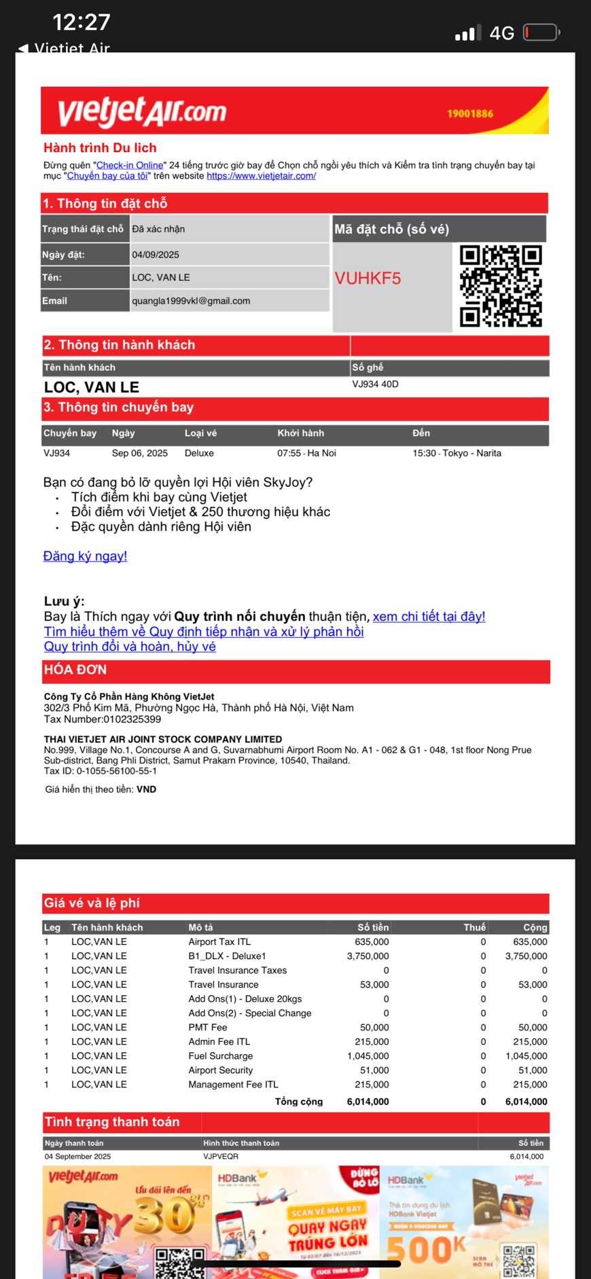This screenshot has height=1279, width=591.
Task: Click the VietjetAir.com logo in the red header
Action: tap(141, 112)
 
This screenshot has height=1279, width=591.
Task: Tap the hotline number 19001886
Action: tap(470, 113)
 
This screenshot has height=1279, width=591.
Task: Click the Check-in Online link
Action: tap(130, 165)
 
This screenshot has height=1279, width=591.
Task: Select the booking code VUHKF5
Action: tap(368, 278)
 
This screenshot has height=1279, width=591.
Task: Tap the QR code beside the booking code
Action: tap(501, 286)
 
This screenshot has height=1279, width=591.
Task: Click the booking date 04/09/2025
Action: tap(156, 255)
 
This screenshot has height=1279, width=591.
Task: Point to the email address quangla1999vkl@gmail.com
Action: tap(191, 301)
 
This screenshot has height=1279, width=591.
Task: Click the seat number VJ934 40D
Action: tap(375, 384)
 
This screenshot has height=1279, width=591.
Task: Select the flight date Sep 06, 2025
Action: tap(139, 453)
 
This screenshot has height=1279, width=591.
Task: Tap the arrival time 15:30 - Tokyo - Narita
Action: tap(456, 453)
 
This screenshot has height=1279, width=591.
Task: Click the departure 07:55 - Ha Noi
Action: tap(306, 453)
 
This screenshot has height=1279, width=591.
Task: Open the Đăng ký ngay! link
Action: tap(85, 556)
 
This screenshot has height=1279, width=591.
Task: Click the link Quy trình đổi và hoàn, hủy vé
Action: tap(130, 647)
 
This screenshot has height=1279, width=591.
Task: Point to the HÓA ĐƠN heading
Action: tap(75, 670)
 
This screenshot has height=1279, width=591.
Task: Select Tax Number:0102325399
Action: tap(103, 719)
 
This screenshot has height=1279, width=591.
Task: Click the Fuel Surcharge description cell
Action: tap(220, 1056)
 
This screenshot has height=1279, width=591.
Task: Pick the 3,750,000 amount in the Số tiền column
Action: tap(368, 956)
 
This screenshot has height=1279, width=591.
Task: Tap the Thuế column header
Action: tap(474, 927)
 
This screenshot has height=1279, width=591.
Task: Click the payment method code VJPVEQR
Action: tap(221, 1156)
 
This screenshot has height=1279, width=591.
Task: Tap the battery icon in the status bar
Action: tap(540, 33)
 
